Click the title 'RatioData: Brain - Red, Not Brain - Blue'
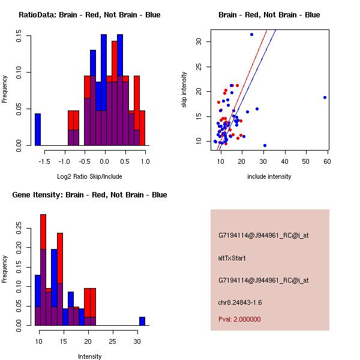[89, 15]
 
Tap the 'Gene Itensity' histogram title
[89, 195]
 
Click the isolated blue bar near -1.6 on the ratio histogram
[38, 129]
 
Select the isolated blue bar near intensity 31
[142, 321]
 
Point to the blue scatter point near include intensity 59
[325, 97]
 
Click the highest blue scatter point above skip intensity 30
[251, 34]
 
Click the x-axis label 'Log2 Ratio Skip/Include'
[89, 176]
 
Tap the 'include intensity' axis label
[269, 176]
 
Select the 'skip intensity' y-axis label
[185, 90]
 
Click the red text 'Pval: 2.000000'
[239, 319]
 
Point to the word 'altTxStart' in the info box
[232, 258]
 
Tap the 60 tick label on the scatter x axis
[327, 161]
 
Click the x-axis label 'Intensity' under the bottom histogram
[89, 356]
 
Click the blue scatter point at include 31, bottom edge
[265, 145]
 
